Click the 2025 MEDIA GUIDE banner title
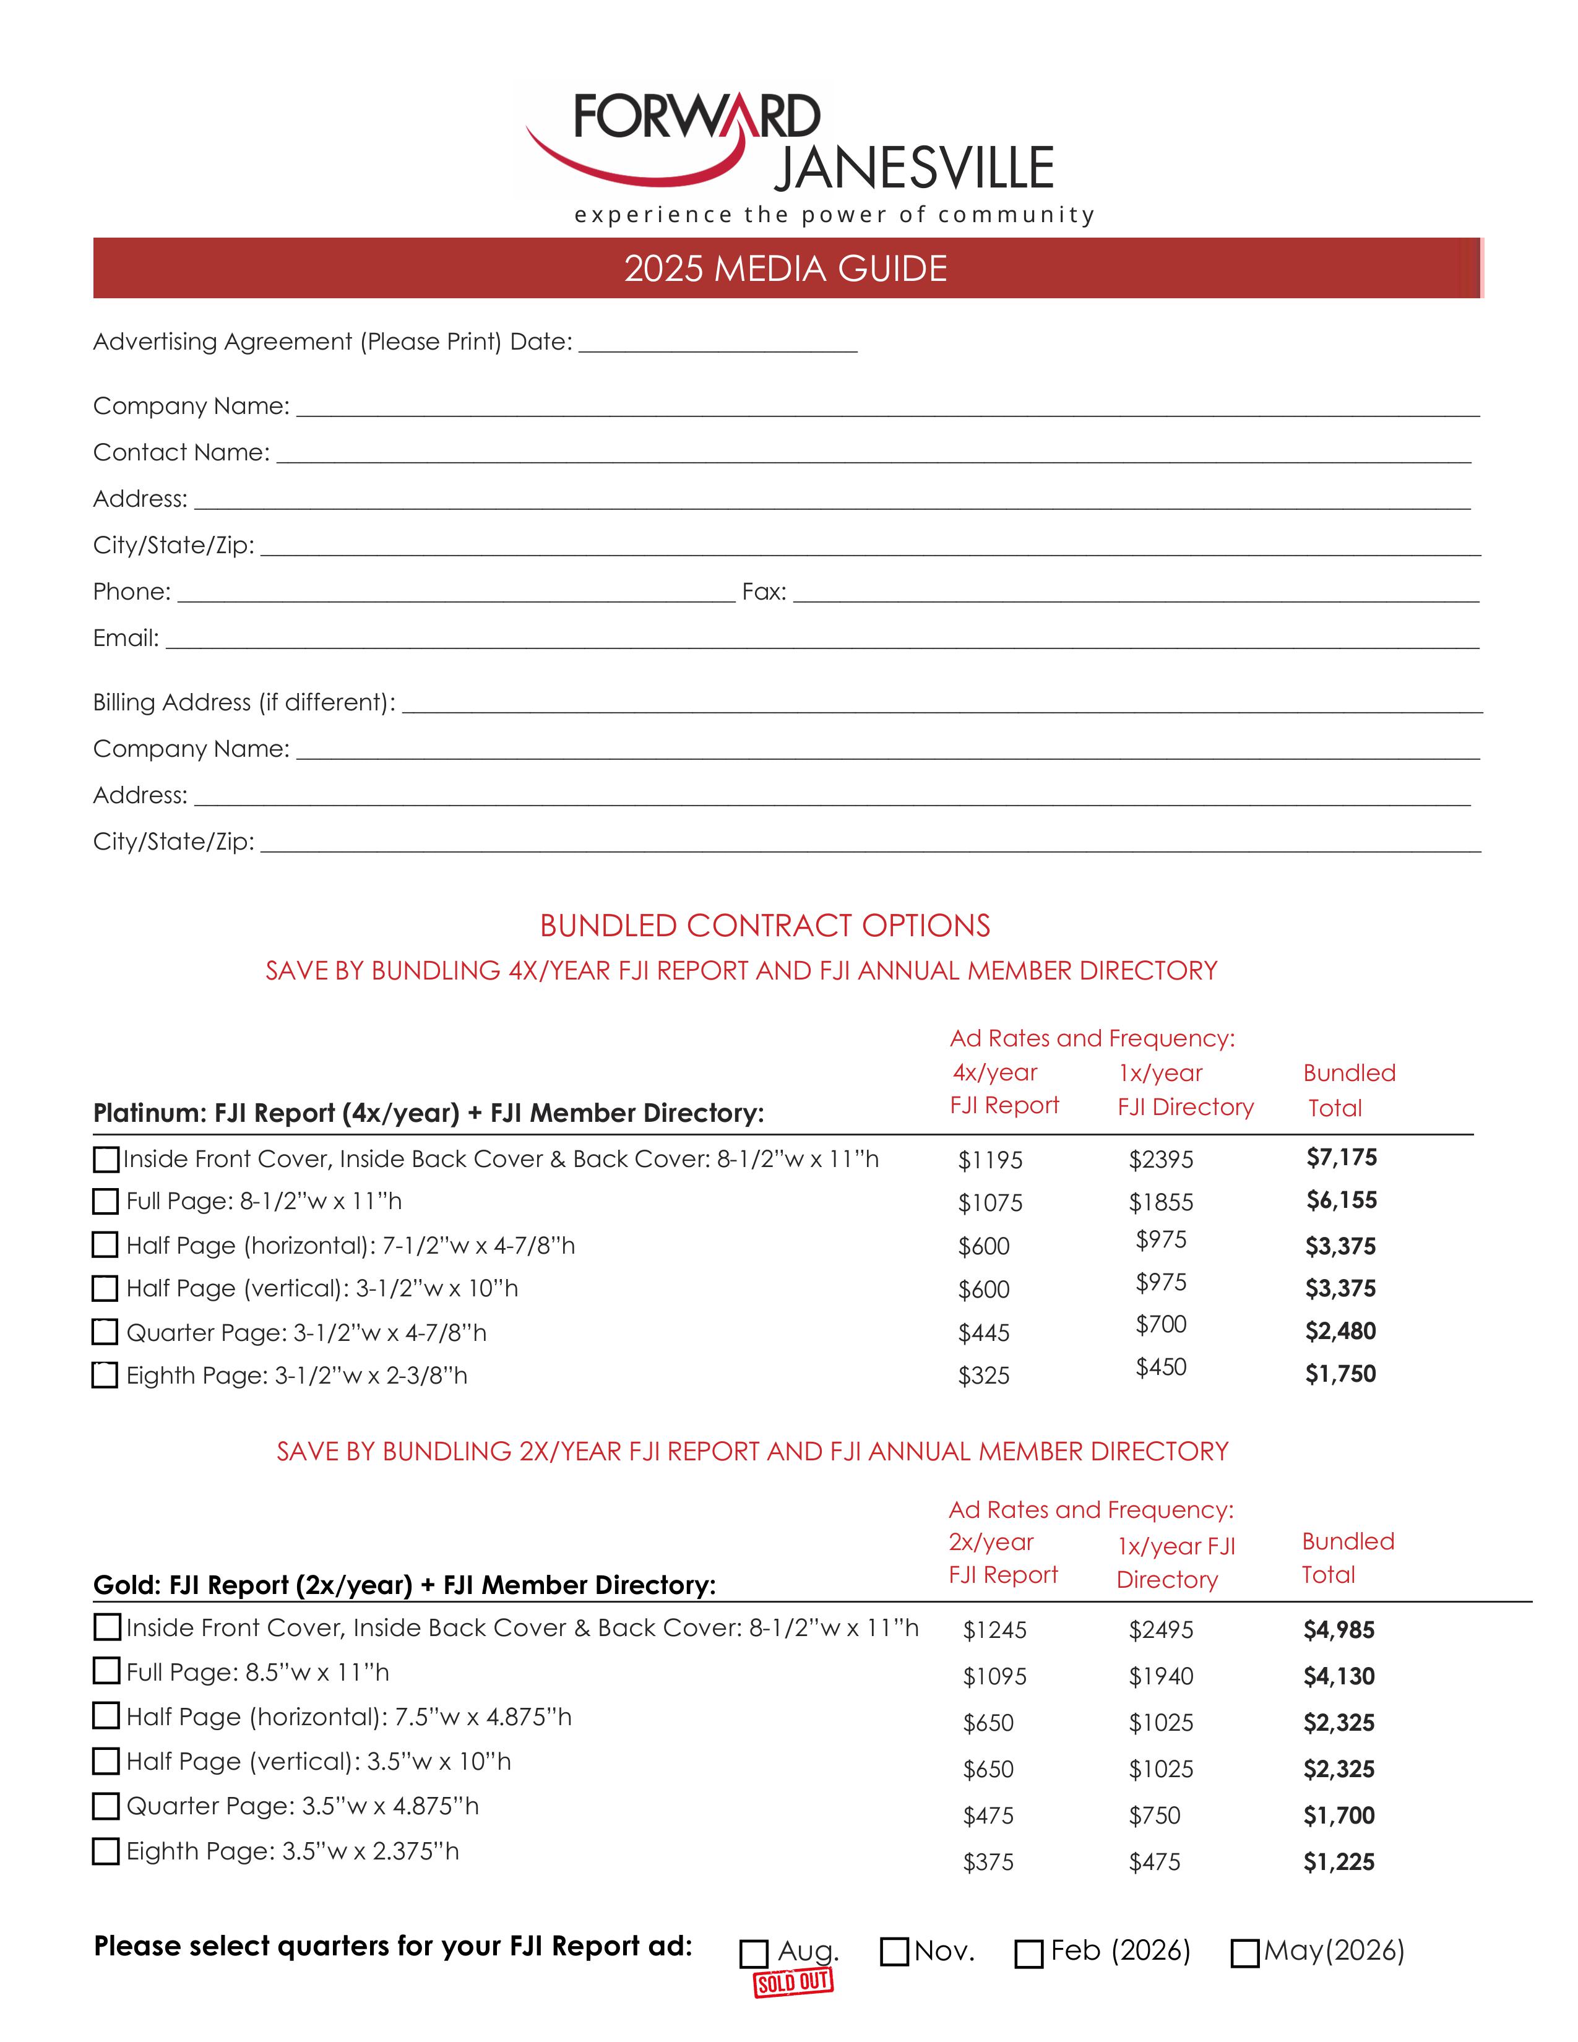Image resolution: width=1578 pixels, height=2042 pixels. click(x=785, y=269)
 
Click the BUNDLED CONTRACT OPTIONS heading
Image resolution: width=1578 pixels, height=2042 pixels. click(x=765, y=926)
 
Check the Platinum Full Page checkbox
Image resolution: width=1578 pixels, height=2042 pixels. click(x=106, y=1202)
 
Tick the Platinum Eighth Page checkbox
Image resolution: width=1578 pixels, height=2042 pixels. click(x=106, y=1376)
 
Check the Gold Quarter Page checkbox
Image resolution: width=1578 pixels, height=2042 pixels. click(x=106, y=1806)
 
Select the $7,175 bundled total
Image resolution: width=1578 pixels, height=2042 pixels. click(x=1342, y=1158)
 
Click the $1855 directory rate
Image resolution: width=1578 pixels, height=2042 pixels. click(x=1161, y=1202)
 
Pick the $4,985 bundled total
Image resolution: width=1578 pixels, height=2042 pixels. click(x=1339, y=1631)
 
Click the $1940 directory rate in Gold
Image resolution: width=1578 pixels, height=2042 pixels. click(x=1161, y=1676)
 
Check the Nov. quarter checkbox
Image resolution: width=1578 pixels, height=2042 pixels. click(x=895, y=1952)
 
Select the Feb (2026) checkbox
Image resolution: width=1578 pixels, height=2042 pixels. click(x=1028, y=1954)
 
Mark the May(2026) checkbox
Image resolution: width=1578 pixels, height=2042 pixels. click(x=1244, y=1954)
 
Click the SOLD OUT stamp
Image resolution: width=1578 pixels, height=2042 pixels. click(x=793, y=1983)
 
